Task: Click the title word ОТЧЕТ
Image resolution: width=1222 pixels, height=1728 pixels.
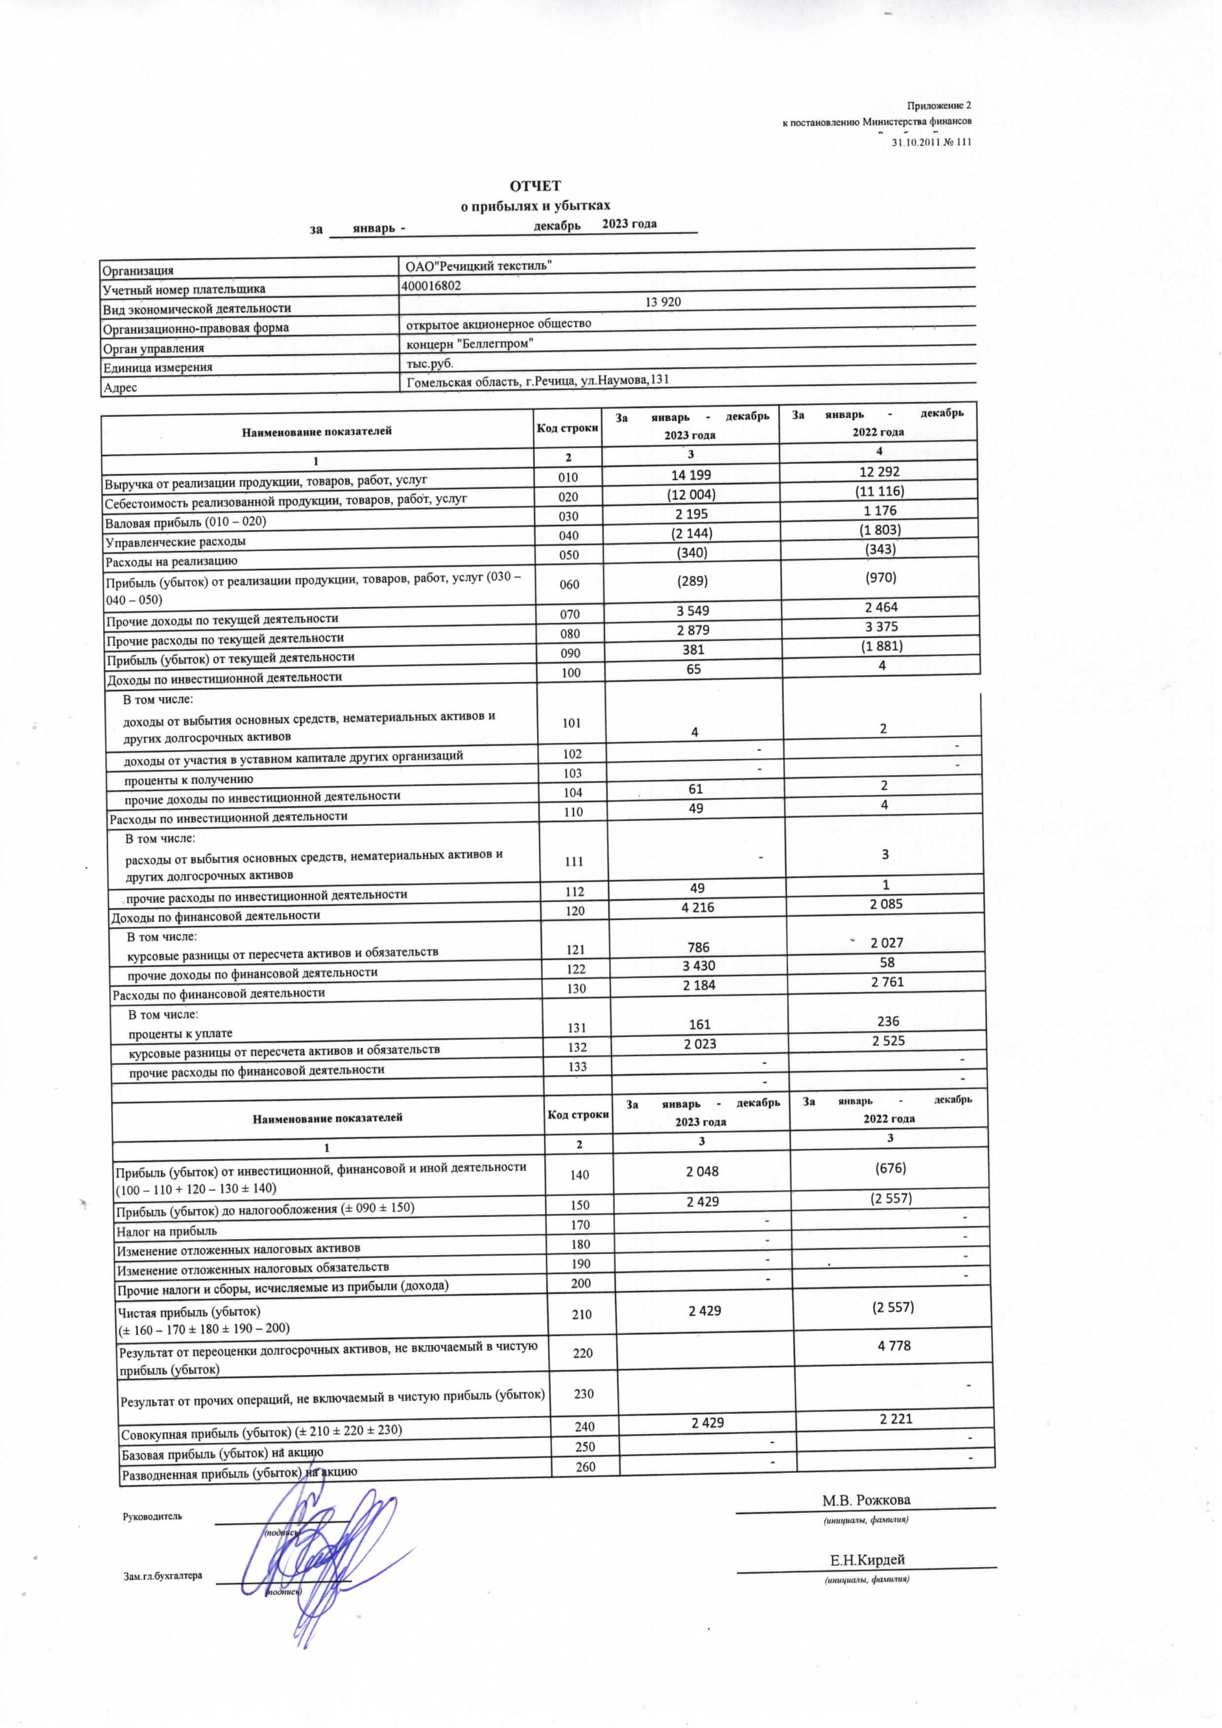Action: [x=535, y=186]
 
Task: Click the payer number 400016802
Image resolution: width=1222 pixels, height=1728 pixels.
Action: [x=432, y=286]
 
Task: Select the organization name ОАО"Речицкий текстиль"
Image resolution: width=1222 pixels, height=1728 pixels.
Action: [x=479, y=265]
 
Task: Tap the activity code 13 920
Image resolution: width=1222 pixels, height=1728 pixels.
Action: [x=663, y=302]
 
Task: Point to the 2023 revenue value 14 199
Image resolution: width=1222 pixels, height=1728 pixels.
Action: [x=691, y=475]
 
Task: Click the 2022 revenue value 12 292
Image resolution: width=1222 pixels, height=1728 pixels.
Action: [x=879, y=472]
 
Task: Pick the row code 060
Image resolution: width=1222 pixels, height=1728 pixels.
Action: [x=569, y=584]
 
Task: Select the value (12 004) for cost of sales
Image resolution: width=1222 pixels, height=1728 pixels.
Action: [x=692, y=494]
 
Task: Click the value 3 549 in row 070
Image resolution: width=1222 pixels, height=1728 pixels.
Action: [x=692, y=610]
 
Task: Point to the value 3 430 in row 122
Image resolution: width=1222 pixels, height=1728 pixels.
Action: [x=699, y=966]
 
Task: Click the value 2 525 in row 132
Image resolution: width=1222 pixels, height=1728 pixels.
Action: [x=888, y=1041]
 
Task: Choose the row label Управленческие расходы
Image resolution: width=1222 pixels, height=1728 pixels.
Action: [x=176, y=542]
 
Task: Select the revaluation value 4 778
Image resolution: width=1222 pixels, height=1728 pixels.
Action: [x=894, y=1345]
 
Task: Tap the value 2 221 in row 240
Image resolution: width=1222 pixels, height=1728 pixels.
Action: [x=895, y=1419]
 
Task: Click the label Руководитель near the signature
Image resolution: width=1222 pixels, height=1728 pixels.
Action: [x=152, y=1517]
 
